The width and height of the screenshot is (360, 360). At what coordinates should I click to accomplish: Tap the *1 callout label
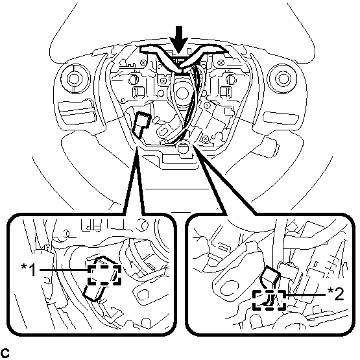29,270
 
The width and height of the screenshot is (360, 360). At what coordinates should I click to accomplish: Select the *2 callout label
336,294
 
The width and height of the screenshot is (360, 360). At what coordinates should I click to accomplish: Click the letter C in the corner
5,353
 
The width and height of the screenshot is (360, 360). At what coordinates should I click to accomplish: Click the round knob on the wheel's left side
75,78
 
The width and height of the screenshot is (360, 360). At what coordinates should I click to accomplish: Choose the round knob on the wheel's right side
282,78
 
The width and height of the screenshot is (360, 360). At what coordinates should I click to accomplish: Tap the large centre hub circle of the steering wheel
182,92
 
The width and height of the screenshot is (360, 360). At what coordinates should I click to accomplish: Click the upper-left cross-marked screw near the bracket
144,62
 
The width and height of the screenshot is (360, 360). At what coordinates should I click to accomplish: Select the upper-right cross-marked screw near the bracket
221,62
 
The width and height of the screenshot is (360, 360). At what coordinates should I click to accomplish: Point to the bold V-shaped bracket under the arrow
183,57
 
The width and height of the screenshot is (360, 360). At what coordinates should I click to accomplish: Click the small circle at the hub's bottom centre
183,147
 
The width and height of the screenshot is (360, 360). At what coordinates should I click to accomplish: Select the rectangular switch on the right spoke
282,118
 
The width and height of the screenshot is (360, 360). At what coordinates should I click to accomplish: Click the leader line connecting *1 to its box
64,270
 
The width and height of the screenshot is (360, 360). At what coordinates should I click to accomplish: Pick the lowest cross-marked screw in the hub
205,138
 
